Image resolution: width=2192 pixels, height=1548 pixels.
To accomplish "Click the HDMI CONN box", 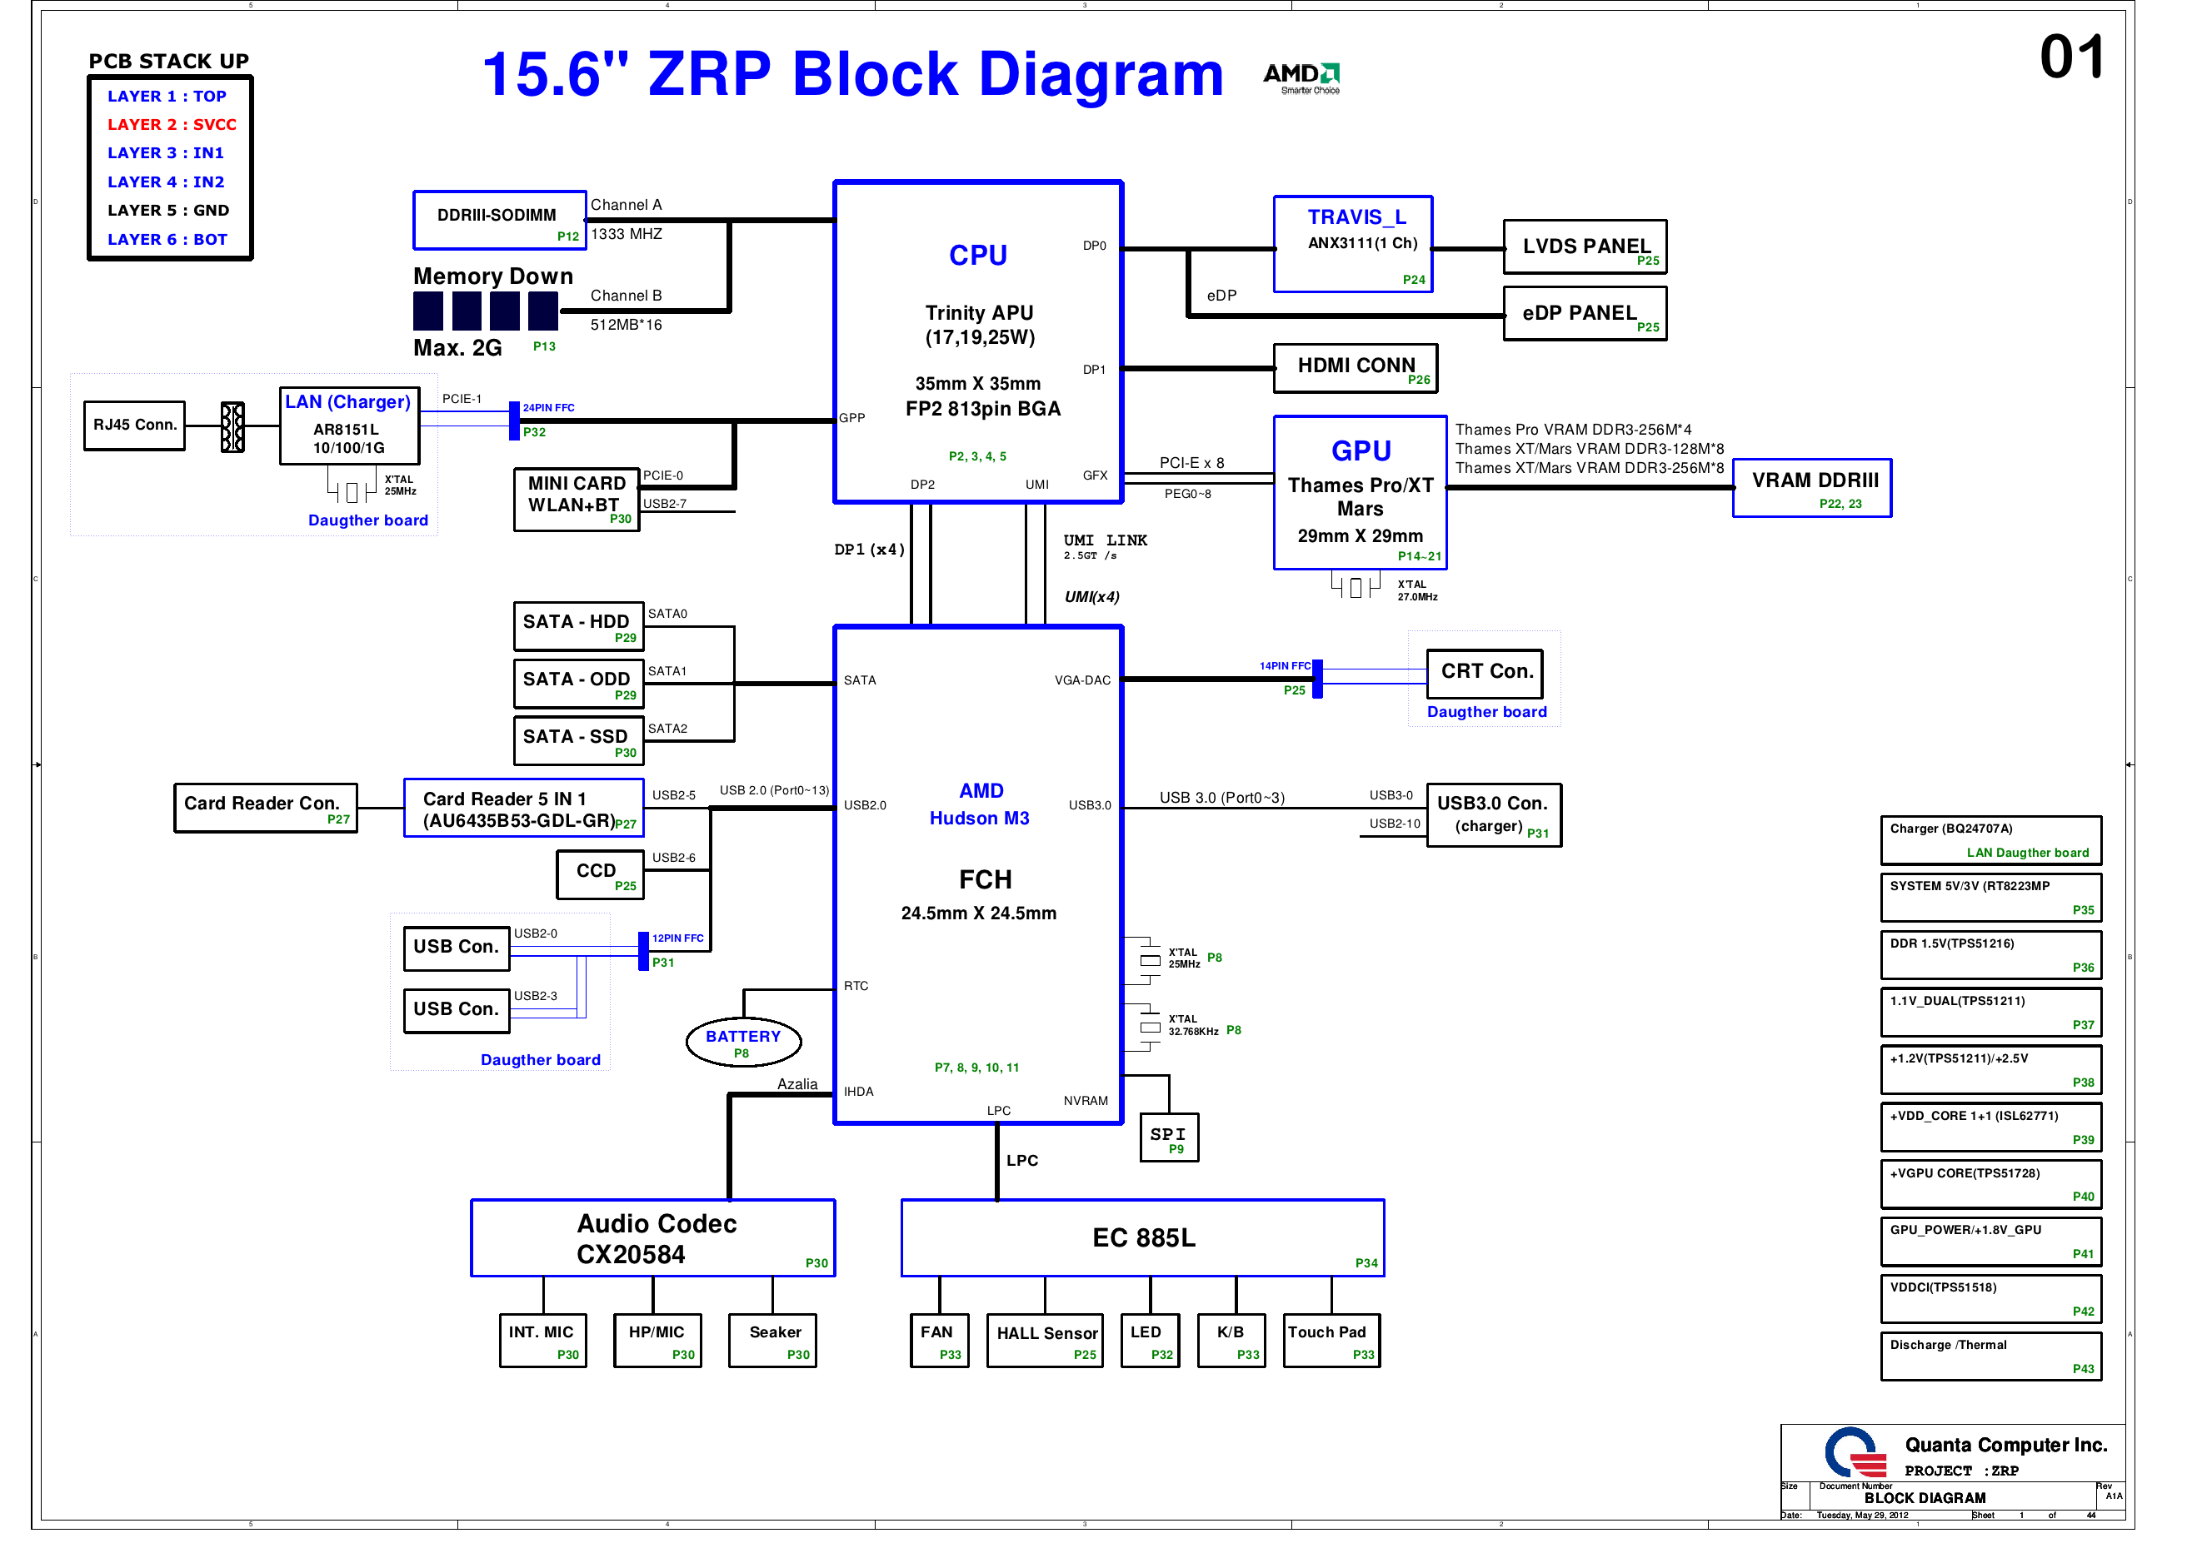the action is [1356, 368].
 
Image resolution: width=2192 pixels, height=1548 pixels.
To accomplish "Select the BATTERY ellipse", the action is [744, 1043].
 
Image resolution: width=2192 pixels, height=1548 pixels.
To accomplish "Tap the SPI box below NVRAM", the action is [1170, 1137].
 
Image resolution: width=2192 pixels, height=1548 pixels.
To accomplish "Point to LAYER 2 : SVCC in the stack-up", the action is [172, 124].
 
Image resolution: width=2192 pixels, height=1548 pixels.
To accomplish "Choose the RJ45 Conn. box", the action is [135, 426].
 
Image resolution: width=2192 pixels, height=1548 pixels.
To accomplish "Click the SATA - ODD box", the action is [578, 684].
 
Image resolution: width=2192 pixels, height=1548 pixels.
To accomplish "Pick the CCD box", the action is [601, 875].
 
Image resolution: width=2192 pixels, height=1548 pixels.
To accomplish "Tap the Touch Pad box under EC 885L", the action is [1332, 1341].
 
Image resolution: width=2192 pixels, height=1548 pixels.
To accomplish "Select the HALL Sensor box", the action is [1046, 1341].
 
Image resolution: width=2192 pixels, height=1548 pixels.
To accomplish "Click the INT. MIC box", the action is [542, 1341].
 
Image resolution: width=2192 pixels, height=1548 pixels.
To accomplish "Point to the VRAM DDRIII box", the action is [1812, 489].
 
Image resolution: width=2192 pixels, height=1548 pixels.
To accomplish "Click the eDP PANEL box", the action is [1585, 314].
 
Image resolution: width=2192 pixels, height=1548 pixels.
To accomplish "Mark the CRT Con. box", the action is [1485, 674].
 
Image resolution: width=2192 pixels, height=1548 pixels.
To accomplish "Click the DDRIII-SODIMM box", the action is [499, 220].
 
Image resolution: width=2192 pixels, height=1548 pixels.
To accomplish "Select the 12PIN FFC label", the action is [678, 939].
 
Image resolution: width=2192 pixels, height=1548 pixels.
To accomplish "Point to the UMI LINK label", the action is [1106, 541].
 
